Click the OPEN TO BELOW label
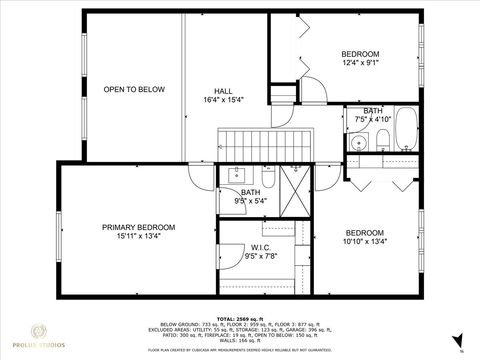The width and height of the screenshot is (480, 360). (x=134, y=90)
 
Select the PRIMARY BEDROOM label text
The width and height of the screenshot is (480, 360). (x=138, y=228)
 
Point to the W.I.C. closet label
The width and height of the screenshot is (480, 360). (x=260, y=247)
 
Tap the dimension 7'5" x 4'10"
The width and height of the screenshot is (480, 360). (x=373, y=120)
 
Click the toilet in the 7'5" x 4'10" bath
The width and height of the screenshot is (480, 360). (x=381, y=139)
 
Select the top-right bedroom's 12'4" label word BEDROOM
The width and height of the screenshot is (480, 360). (x=360, y=54)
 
